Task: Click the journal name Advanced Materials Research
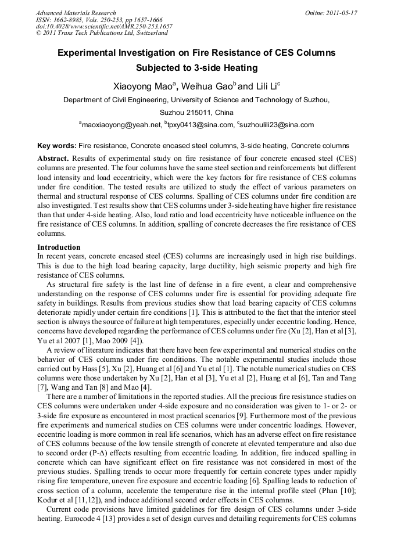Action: click(76, 13)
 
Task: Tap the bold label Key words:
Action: click(56, 145)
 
